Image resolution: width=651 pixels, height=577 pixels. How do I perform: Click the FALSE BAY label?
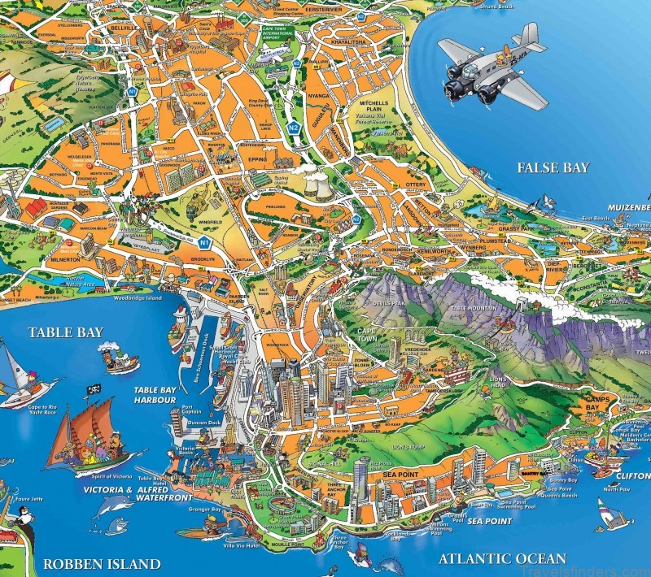[x=553, y=168]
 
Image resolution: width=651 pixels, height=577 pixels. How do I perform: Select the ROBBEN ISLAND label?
[x=101, y=563]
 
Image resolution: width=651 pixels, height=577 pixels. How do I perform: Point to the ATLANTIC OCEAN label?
[x=502, y=558]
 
